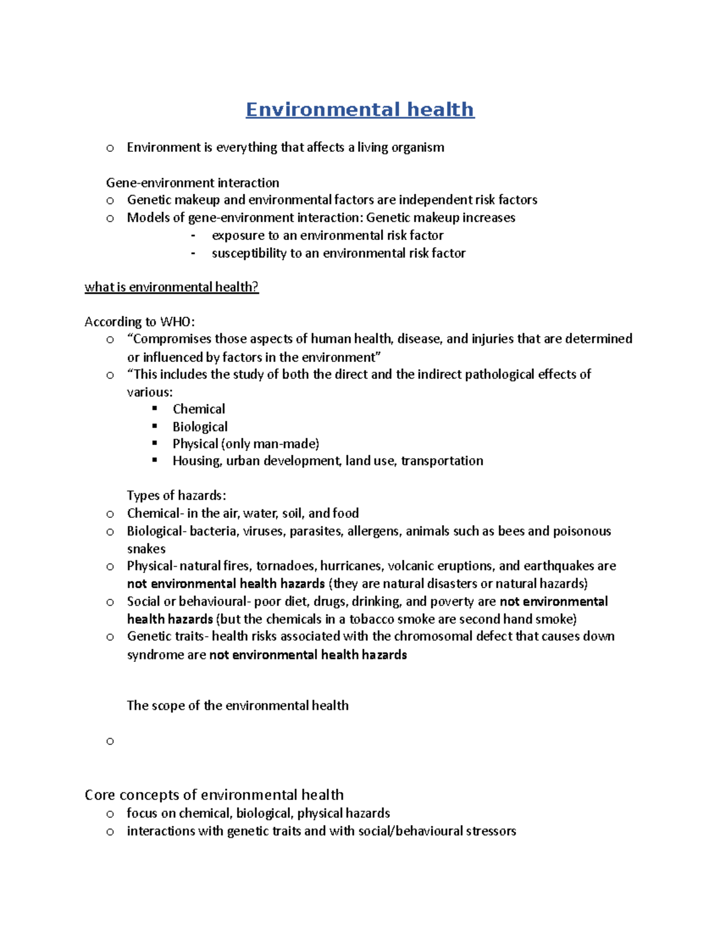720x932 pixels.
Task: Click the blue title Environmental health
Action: (x=360, y=110)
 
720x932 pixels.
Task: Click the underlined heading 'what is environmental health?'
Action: (x=172, y=287)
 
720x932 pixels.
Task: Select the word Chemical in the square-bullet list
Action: (x=199, y=409)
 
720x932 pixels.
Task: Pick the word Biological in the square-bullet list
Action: (x=200, y=427)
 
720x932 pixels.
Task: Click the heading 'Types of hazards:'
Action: (x=176, y=496)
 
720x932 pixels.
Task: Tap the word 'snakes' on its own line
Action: (x=146, y=549)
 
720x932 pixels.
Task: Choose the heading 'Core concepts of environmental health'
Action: (x=214, y=795)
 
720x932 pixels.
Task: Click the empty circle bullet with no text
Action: (x=110, y=742)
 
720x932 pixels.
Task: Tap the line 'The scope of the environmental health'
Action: (x=238, y=706)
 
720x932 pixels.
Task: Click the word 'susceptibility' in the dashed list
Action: (x=249, y=253)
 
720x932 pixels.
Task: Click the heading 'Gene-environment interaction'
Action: (x=193, y=182)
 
